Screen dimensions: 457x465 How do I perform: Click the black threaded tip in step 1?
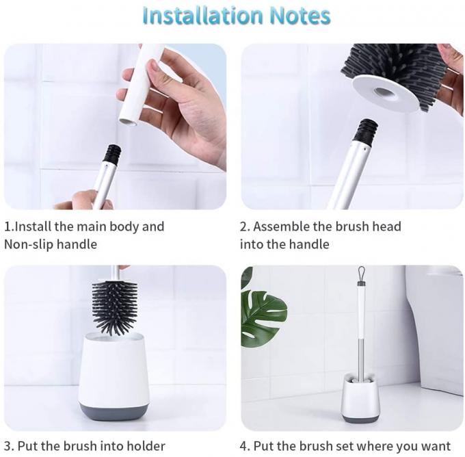pos(111,155)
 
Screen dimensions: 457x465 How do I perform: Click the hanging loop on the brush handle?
pos(361,274)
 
